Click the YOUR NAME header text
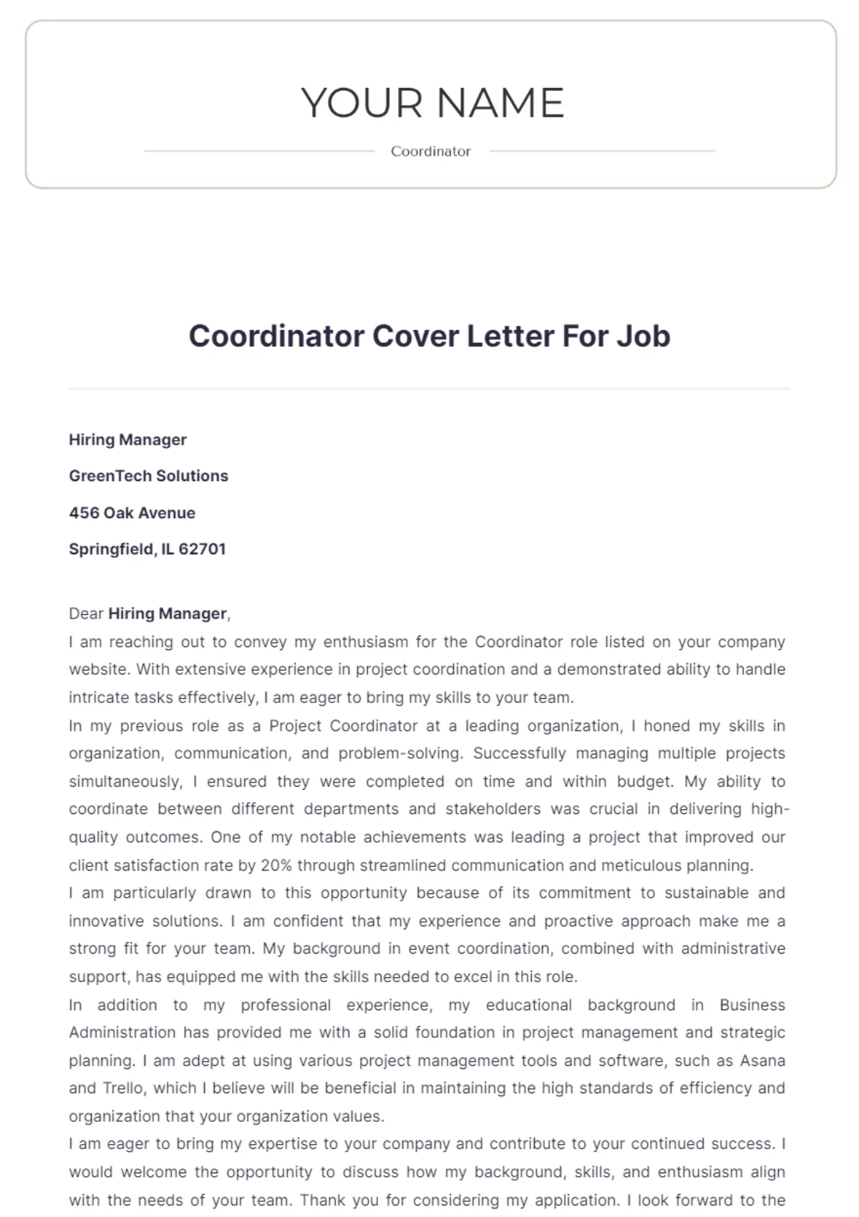tap(432, 102)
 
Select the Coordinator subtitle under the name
tap(431, 151)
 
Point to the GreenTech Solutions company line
tap(148, 476)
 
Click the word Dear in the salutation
tap(86, 614)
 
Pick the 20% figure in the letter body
tap(276, 866)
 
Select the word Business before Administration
tap(752, 1005)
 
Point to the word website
tap(98, 669)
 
